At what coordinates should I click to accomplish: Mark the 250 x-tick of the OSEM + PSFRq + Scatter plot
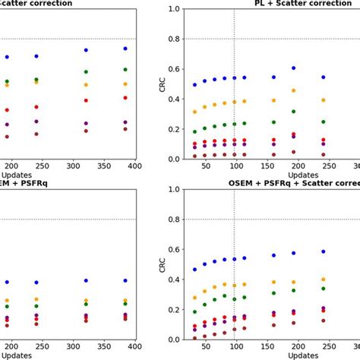click(x=343, y=347)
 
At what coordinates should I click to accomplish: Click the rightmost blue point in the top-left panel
click(x=126, y=49)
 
